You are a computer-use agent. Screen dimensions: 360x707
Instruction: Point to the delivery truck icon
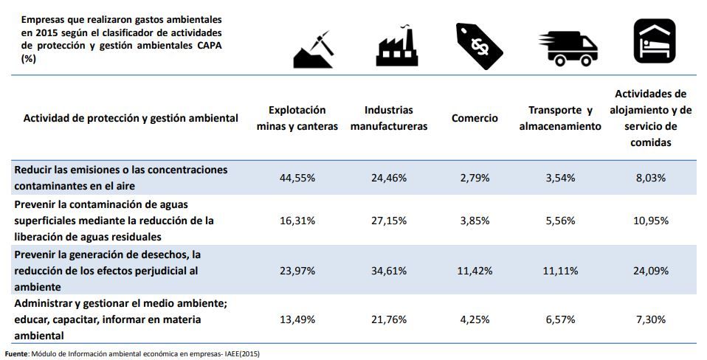pos(568,48)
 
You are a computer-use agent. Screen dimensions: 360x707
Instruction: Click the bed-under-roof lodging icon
pos(653,41)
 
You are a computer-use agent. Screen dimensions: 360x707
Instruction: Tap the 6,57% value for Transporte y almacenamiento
pos(559,319)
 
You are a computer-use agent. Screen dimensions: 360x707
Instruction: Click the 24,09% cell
pos(651,271)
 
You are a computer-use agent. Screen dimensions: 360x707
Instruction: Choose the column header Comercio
pos(475,118)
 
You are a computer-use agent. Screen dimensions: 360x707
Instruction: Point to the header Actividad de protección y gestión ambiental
pos(131,118)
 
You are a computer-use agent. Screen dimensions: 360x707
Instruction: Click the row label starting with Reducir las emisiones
pos(121,178)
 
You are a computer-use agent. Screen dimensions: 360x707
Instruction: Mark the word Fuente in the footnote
pos(17,353)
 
